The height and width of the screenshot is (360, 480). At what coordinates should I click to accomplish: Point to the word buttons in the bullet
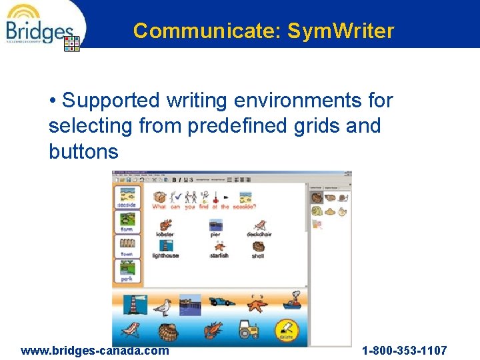click(x=83, y=151)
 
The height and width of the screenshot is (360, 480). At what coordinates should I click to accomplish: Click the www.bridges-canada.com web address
click(x=95, y=351)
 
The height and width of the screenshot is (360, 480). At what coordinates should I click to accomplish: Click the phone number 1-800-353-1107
click(x=404, y=351)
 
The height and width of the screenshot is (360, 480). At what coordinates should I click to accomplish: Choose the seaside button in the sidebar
click(x=127, y=197)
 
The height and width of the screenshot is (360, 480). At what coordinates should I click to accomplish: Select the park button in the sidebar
click(x=127, y=269)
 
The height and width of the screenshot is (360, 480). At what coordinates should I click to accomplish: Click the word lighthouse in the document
click(x=165, y=255)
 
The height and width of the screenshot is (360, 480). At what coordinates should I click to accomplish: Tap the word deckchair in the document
click(x=259, y=235)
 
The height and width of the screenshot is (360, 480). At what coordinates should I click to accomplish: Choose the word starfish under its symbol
click(x=219, y=255)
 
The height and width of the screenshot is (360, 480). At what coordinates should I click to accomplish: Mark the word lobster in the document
click(x=165, y=235)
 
